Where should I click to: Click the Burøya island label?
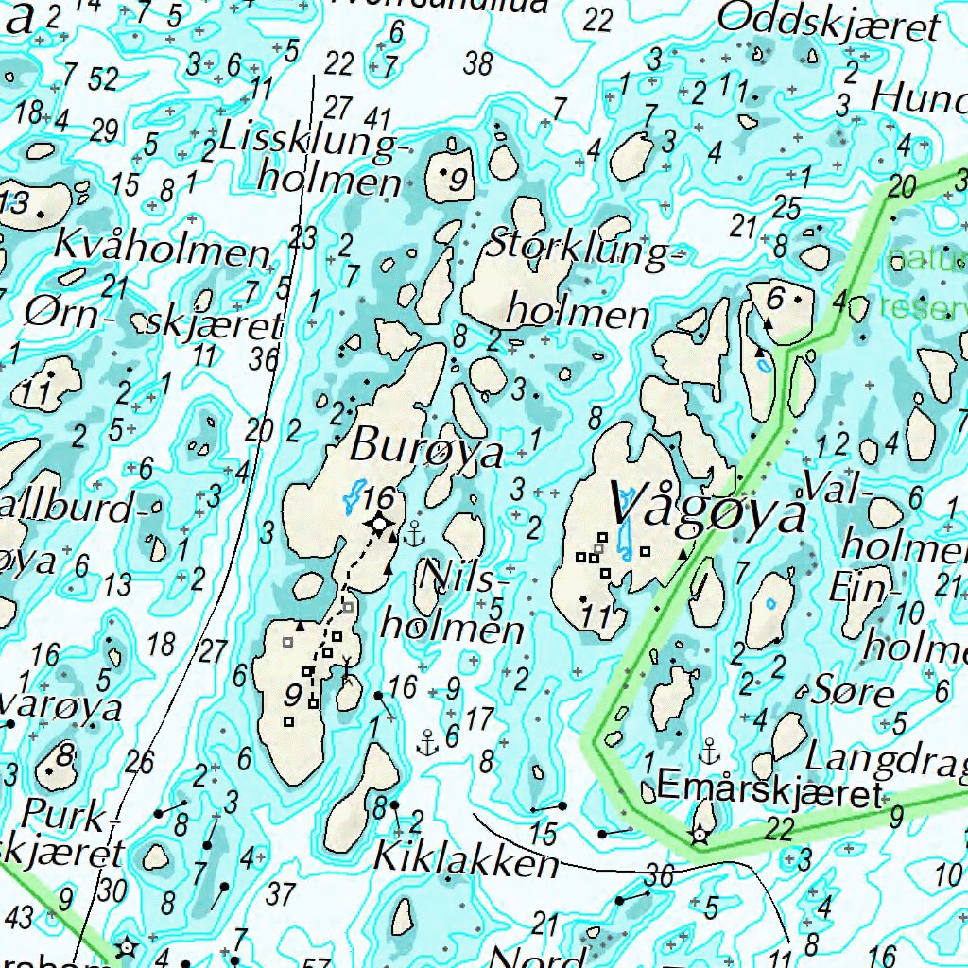click(x=426, y=449)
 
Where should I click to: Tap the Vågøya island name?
click(x=709, y=505)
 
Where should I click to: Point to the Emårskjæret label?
click(x=769, y=788)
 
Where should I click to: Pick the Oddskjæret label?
click(x=843, y=22)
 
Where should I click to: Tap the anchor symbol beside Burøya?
click(x=414, y=536)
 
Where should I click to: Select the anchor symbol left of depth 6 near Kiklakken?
click(x=428, y=742)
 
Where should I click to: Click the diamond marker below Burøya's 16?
click(x=379, y=523)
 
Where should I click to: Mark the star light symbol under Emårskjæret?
click(x=700, y=835)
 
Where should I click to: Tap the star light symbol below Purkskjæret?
click(x=124, y=945)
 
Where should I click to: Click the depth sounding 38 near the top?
click(x=479, y=64)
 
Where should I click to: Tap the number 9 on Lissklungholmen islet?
click(x=459, y=179)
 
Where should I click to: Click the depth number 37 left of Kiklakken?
click(x=281, y=892)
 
